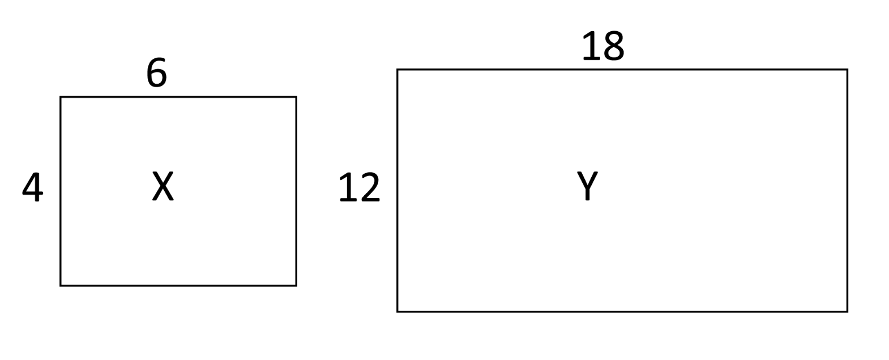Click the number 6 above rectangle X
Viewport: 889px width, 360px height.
[x=157, y=73]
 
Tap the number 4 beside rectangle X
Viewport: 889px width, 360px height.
[x=32, y=187]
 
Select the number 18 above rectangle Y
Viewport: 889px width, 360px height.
[x=602, y=46]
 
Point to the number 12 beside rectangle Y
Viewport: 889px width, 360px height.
[x=359, y=188]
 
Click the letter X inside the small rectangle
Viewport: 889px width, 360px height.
[x=163, y=187]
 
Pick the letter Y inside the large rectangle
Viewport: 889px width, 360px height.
[x=587, y=186]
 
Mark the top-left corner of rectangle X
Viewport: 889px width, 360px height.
[x=61, y=97]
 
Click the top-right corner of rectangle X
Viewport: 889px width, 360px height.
[x=296, y=97]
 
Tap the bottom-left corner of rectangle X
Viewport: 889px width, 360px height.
[x=61, y=285]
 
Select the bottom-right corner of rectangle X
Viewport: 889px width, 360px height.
[x=296, y=285]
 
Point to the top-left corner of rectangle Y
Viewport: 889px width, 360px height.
[x=398, y=70]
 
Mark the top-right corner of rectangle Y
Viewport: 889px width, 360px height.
[x=847, y=70]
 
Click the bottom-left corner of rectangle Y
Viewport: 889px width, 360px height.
[x=398, y=311]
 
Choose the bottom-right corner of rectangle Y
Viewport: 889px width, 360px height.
[x=847, y=311]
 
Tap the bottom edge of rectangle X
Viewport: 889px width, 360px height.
[x=178, y=285]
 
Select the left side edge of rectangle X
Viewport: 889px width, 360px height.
[x=61, y=238]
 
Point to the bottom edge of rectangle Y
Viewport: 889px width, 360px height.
[x=622, y=311]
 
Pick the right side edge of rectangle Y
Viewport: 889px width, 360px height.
[x=847, y=190]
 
